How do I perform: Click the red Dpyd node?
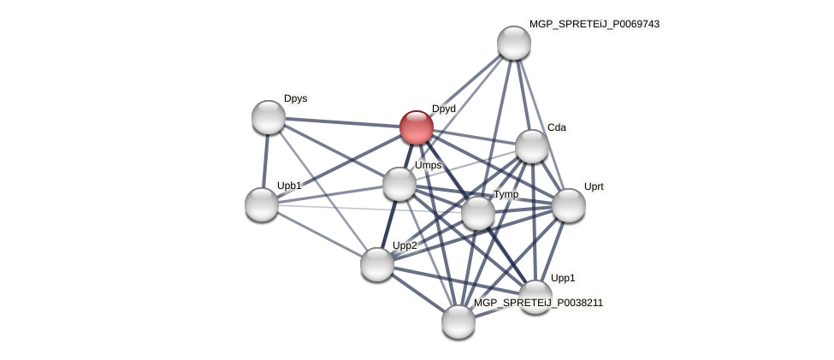(417, 127)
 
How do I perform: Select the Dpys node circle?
(269, 117)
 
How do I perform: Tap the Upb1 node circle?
(262, 204)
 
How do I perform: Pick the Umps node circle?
(399, 184)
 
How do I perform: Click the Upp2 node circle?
(377, 264)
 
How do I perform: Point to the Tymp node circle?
(478, 213)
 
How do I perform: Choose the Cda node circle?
(531, 146)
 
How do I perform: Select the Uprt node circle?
(569, 205)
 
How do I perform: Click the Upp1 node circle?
(535, 296)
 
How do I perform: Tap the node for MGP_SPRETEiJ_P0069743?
(514, 43)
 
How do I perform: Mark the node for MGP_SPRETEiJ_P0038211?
(458, 322)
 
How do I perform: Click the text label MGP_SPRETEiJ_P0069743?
(594, 24)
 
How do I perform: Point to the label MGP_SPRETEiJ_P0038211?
(538, 303)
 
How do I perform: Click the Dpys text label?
(295, 98)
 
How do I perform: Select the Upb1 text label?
(289, 186)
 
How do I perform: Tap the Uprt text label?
(594, 186)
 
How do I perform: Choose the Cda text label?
(557, 127)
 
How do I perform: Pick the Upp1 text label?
(563, 278)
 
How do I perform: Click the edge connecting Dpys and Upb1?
(265, 161)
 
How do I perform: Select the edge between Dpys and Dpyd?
(342, 122)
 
